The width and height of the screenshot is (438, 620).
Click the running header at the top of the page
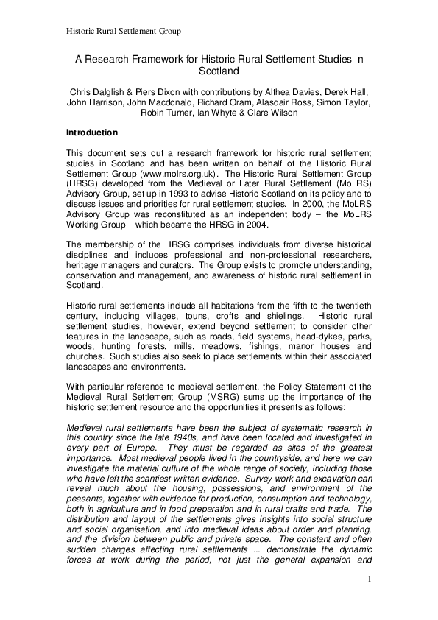click(124, 31)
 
